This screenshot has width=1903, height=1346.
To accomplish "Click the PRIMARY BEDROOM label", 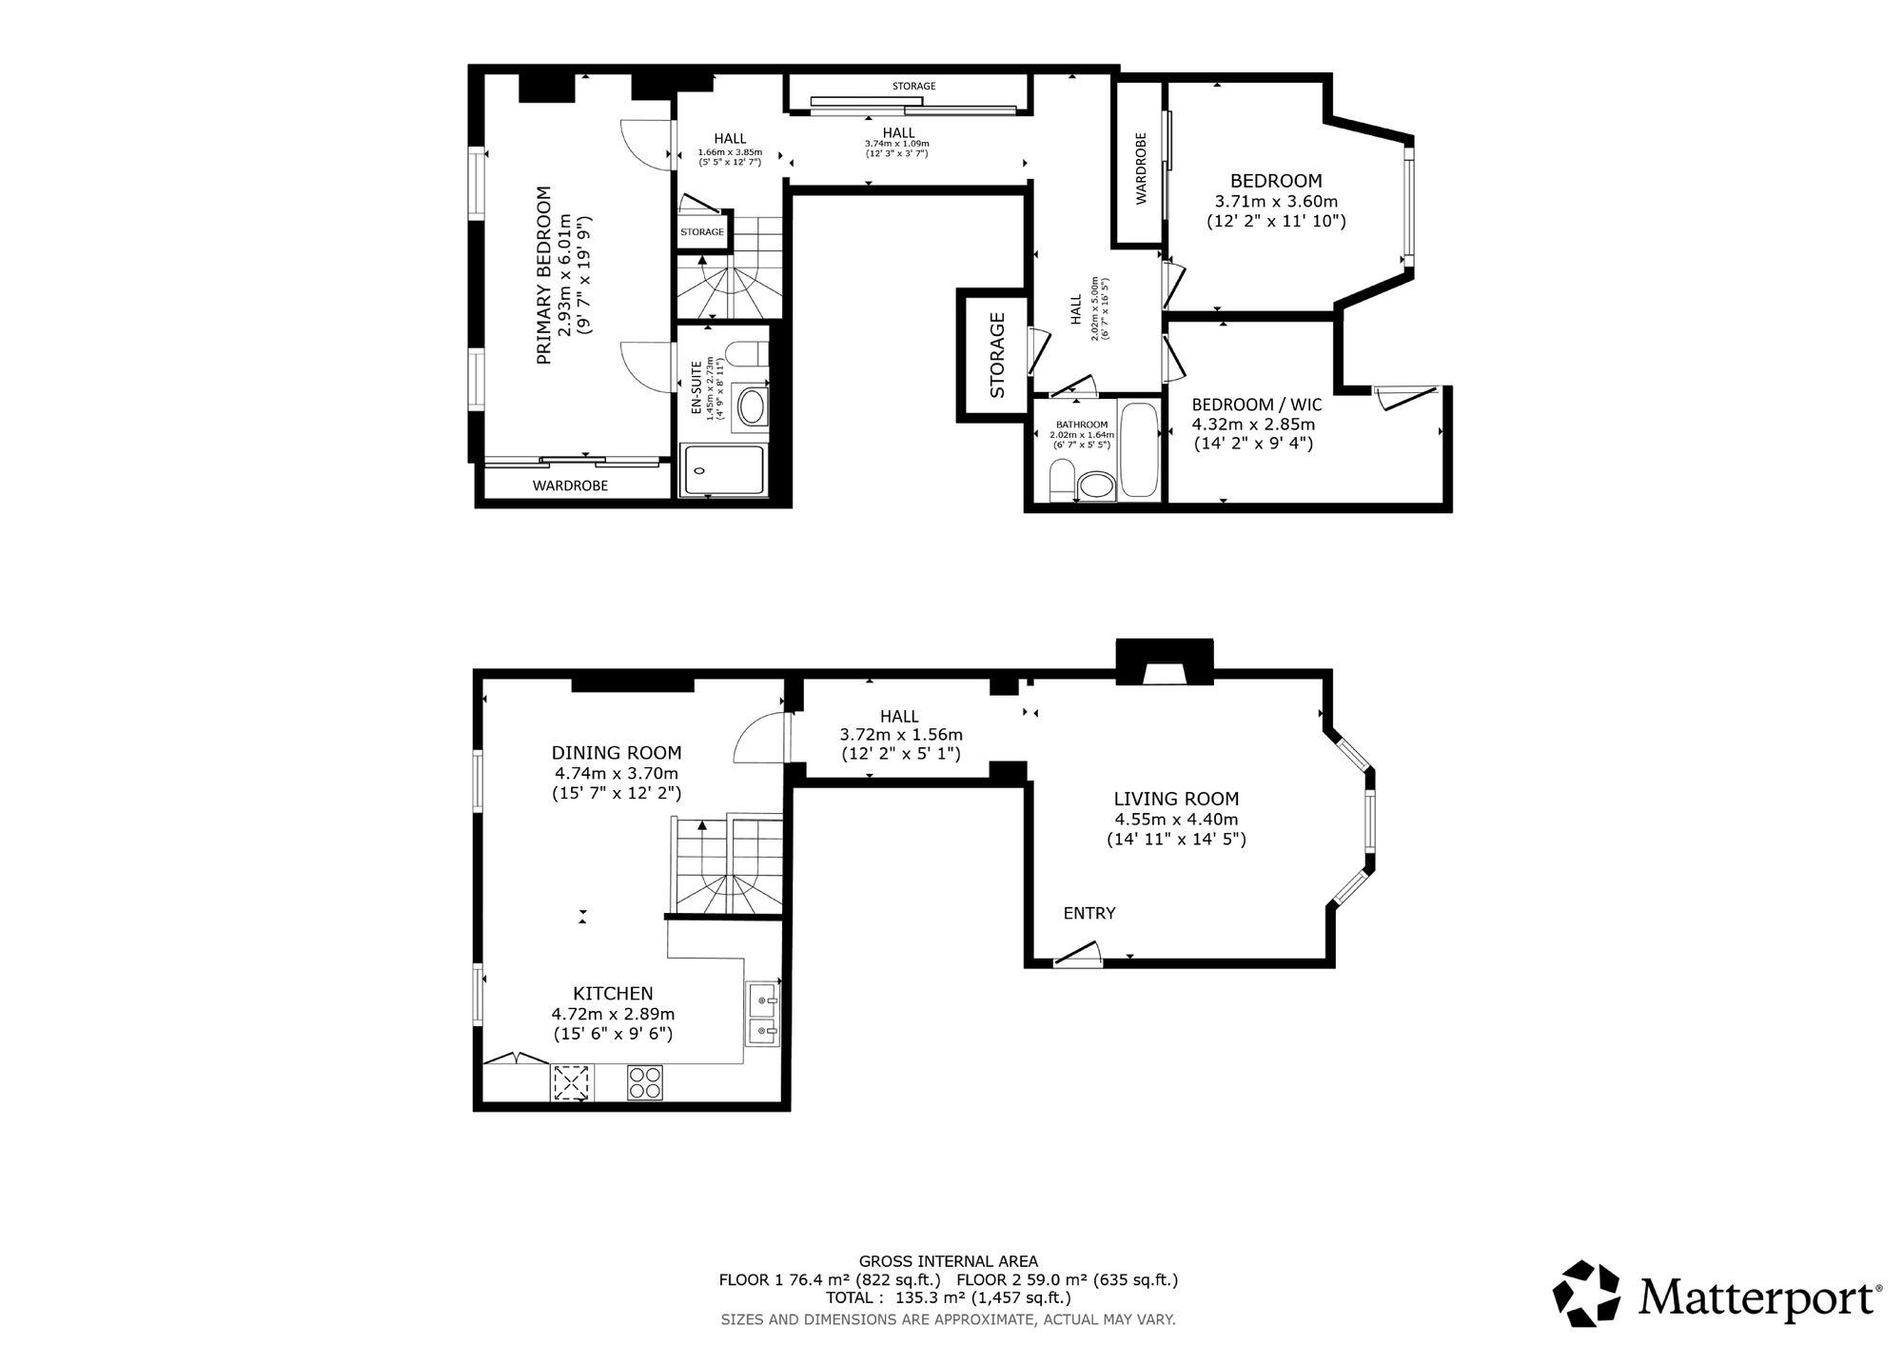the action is (544, 275).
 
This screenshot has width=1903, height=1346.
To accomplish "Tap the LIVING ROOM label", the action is (1176, 799).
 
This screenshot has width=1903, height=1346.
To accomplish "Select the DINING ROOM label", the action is (617, 753).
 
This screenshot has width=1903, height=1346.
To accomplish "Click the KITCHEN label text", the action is (613, 994).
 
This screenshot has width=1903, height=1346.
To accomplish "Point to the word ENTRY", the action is (1089, 913).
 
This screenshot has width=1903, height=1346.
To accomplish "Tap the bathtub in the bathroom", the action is (1139, 450).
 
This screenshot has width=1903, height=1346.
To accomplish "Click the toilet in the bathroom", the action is (1061, 481).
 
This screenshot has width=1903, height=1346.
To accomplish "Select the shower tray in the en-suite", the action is (722, 470).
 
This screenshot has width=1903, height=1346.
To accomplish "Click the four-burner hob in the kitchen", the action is (646, 1082).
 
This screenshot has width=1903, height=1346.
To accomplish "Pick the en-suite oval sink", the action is (751, 407).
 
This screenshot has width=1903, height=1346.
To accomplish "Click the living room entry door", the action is (1077, 954).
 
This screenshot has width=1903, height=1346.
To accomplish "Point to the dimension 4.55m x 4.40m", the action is (1176, 820).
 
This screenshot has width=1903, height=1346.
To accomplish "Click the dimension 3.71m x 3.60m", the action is (1276, 202).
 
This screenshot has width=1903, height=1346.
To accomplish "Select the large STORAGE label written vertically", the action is (997, 355).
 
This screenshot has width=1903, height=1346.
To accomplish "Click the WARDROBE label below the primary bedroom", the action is (570, 485).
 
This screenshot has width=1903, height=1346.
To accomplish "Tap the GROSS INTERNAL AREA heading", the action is (949, 1262).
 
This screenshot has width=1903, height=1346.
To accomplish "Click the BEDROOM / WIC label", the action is (1257, 405).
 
